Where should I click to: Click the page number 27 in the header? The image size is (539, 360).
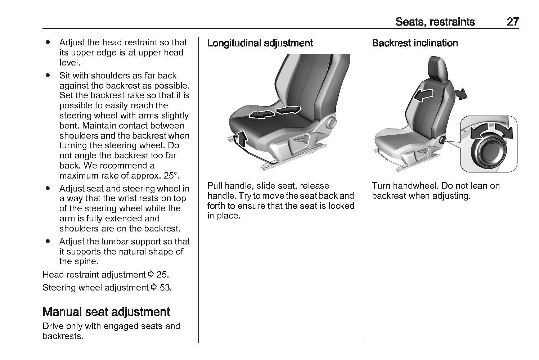click(513, 22)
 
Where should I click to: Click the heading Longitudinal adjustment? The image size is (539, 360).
click(260, 43)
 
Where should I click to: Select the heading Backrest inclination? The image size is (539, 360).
click(415, 43)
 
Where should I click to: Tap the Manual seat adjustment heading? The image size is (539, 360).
click(106, 312)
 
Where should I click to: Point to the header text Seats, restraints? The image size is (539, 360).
click(435, 22)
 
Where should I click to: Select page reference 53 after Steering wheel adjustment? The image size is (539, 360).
click(165, 288)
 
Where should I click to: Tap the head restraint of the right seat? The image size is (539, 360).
click(438, 69)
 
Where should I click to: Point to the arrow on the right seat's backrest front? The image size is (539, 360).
click(423, 95)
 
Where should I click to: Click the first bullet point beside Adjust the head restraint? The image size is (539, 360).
click(48, 42)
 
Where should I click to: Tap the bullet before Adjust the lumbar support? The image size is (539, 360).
click(48, 241)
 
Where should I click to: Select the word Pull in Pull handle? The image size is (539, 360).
click(215, 186)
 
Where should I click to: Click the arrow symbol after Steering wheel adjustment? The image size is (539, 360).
click(154, 287)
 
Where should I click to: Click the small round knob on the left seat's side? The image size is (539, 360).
click(331, 122)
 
